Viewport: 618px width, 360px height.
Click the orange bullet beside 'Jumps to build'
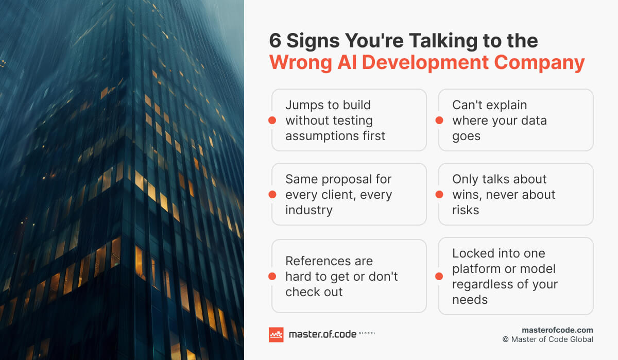pyautogui.click(x=272, y=121)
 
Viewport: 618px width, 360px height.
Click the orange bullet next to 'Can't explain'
pyautogui.click(x=439, y=121)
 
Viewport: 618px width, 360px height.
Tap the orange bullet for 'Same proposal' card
pyautogui.click(x=272, y=195)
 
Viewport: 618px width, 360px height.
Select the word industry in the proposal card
pyautogui.click(x=309, y=210)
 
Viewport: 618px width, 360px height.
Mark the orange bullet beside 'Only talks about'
pyautogui.click(x=439, y=195)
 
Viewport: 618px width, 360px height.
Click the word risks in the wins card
pyautogui.click(x=466, y=210)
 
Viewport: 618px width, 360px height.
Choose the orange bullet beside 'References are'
pyautogui.click(x=272, y=277)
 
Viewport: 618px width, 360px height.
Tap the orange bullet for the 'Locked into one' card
pyautogui.click(x=439, y=277)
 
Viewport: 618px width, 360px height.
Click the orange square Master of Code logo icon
pyautogui.click(x=276, y=335)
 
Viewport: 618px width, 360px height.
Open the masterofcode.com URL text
pyautogui.click(x=557, y=330)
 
